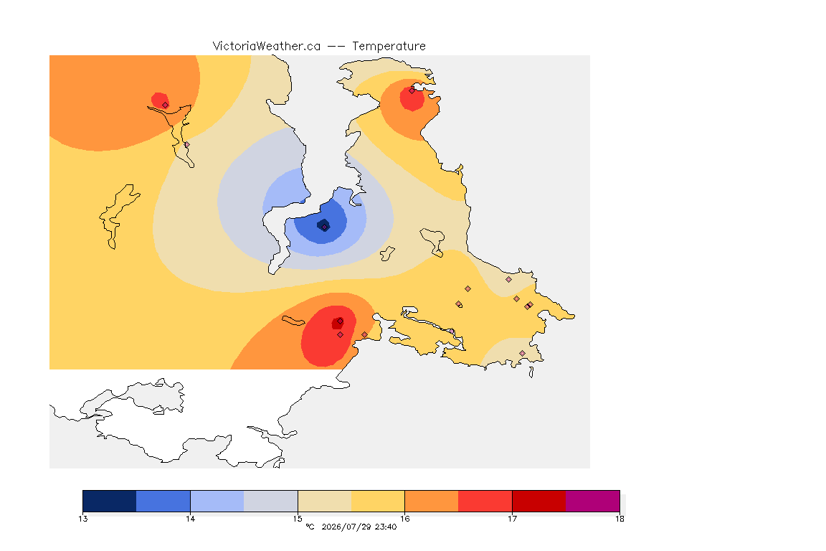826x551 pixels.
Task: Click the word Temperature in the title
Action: [389, 47]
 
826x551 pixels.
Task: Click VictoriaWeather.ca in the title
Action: [267, 47]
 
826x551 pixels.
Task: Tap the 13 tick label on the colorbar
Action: [83, 519]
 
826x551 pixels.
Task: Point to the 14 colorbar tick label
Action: [190, 519]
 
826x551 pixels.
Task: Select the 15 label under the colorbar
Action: [298, 519]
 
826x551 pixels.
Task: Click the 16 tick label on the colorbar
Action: [404, 519]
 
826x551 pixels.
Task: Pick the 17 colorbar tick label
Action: [512, 519]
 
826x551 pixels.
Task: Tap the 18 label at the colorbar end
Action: [619, 519]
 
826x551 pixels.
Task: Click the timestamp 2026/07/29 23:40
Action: [359, 527]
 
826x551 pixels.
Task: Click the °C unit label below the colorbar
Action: [310, 527]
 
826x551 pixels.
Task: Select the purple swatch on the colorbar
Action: [593, 501]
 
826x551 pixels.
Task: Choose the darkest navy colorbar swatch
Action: [110, 501]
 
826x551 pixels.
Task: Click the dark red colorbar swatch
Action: [539, 501]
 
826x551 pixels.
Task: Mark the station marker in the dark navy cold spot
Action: [325, 227]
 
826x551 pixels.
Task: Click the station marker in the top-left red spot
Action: [166, 105]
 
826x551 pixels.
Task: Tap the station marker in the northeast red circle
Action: [412, 90]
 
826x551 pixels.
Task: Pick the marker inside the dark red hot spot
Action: [341, 321]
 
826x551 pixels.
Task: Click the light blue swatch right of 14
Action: [217, 501]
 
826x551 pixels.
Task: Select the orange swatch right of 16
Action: [432, 501]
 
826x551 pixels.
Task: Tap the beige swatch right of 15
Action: [325, 501]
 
